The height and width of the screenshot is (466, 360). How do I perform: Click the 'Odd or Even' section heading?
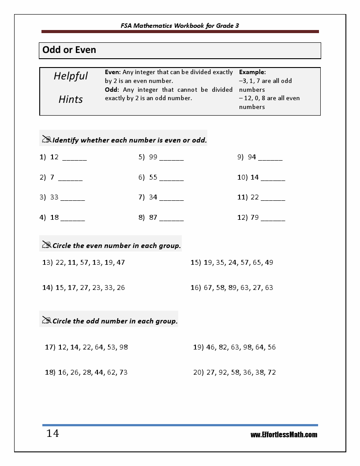[69, 50]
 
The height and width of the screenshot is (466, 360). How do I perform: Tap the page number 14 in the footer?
[52, 434]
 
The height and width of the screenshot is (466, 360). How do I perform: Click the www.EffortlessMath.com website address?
[284, 435]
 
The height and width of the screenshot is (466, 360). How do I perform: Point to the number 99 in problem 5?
[153, 157]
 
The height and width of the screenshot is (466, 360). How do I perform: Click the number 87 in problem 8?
[153, 218]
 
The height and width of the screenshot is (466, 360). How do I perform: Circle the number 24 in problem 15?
[232, 262]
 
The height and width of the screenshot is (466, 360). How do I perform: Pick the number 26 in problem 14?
[120, 287]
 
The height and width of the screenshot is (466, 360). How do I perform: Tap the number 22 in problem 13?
[60, 262]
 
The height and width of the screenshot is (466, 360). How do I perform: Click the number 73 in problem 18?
[123, 372]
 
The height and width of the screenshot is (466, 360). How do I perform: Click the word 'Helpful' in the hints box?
[71, 76]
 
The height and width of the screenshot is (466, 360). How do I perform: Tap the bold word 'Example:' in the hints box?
[252, 72]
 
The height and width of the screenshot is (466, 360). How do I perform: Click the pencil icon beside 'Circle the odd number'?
[46, 320]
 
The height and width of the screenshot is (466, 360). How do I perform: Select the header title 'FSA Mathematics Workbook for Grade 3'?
[180, 26]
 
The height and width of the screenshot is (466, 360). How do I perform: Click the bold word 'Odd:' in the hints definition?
[112, 90]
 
